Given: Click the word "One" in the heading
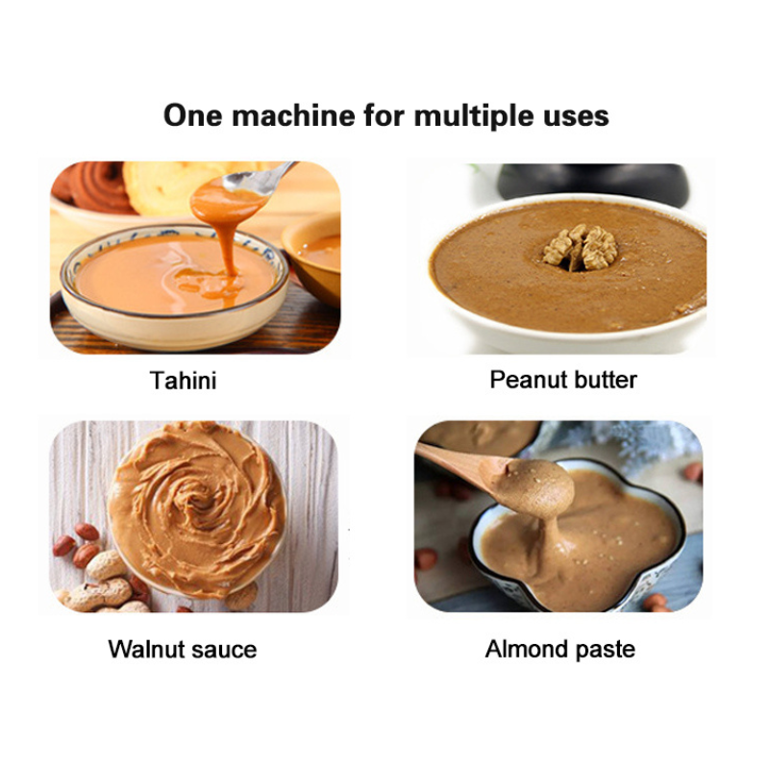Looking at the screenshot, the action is (x=193, y=115).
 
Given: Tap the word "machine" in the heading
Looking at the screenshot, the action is (x=293, y=115).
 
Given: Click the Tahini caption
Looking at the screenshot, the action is (x=183, y=381).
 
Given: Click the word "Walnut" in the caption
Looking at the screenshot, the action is (x=146, y=650).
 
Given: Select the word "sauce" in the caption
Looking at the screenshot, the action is (x=224, y=651).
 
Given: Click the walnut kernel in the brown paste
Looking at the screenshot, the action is (x=582, y=247).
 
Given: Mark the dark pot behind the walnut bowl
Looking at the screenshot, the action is (x=593, y=183).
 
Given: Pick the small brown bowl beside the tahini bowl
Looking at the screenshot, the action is (x=314, y=258).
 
